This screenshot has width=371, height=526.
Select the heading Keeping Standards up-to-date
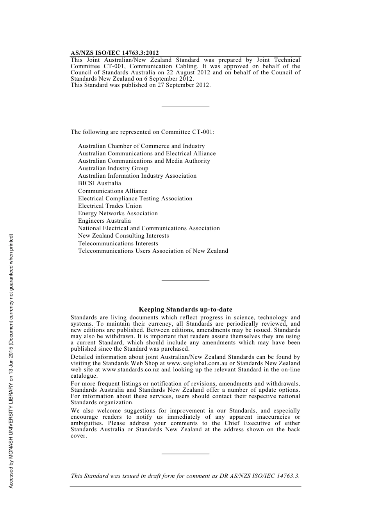point(185,310)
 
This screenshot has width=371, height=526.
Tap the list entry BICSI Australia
point(100,183)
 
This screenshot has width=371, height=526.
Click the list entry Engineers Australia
point(104,221)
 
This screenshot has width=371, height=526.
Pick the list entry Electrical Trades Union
point(110,206)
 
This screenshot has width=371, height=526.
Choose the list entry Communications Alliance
point(112,191)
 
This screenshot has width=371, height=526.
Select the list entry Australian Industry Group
point(113,168)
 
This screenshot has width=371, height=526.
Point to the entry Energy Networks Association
point(118,213)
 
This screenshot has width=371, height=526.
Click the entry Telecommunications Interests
point(118,243)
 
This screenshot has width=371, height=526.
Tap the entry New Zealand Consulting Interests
point(123,236)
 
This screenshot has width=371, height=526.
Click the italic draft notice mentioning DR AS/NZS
point(185,476)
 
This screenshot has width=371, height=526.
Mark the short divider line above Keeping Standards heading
point(185,280)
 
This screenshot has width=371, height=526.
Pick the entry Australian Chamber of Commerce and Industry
point(141,146)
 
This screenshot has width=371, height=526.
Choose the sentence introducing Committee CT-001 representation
point(143,132)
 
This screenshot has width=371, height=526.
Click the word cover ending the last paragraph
point(78,436)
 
